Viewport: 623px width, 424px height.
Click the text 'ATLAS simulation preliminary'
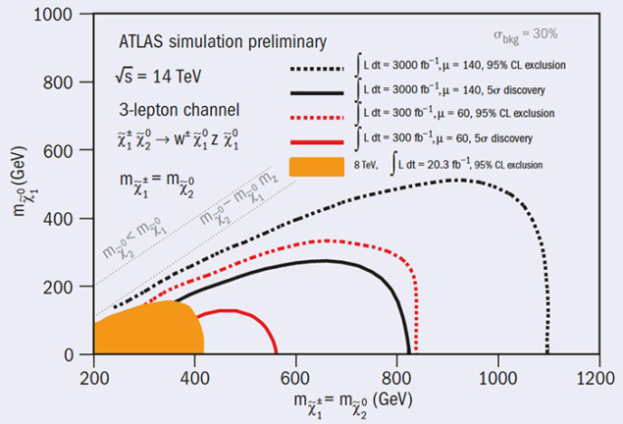coord(220,41)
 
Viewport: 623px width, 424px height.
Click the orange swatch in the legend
coord(316,165)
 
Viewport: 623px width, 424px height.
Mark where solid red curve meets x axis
coord(276,352)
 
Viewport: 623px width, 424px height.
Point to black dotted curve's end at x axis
coord(547,352)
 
